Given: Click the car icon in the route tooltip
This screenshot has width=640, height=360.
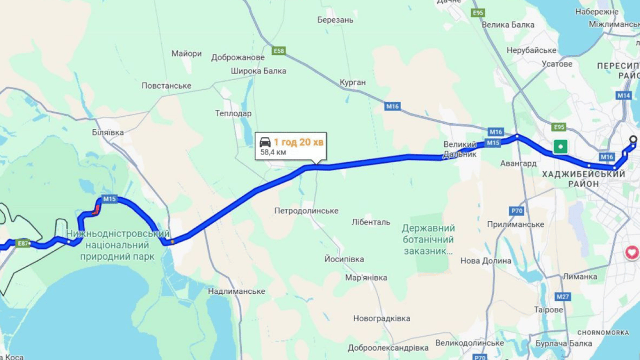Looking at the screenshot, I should click(265, 142).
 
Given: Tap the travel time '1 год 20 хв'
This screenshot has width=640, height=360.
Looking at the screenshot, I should click(298, 142).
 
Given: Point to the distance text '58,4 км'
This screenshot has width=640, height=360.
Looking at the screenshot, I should click(273, 152).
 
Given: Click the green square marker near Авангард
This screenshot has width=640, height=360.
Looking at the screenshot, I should click(560, 147).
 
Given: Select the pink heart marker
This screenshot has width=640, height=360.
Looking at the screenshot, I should click(632, 253).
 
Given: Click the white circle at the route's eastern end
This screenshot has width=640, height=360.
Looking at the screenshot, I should click(633, 139).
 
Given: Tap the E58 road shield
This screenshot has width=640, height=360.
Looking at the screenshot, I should click(279, 51).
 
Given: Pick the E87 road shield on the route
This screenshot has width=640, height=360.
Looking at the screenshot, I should click(22, 243).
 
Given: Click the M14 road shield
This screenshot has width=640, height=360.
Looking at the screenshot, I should click(624, 95).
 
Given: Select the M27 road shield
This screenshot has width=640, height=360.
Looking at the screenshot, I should click(563, 297).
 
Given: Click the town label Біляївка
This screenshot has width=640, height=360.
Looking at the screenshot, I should click(108, 133).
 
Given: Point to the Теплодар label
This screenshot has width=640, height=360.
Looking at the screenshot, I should click(233, 113).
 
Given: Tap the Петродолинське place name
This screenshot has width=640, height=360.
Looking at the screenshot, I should click(306, 211).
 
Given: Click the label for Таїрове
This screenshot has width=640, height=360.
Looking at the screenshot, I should click(548, 310).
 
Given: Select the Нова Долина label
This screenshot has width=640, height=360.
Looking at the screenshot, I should click(486, 261).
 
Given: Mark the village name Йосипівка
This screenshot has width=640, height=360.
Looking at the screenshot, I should click(344, 259).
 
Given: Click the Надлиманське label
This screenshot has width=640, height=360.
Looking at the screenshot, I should click(237, 292).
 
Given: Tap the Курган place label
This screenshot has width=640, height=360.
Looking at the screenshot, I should click(353, 82).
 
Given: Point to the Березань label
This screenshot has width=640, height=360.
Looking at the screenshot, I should click(335, 20).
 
